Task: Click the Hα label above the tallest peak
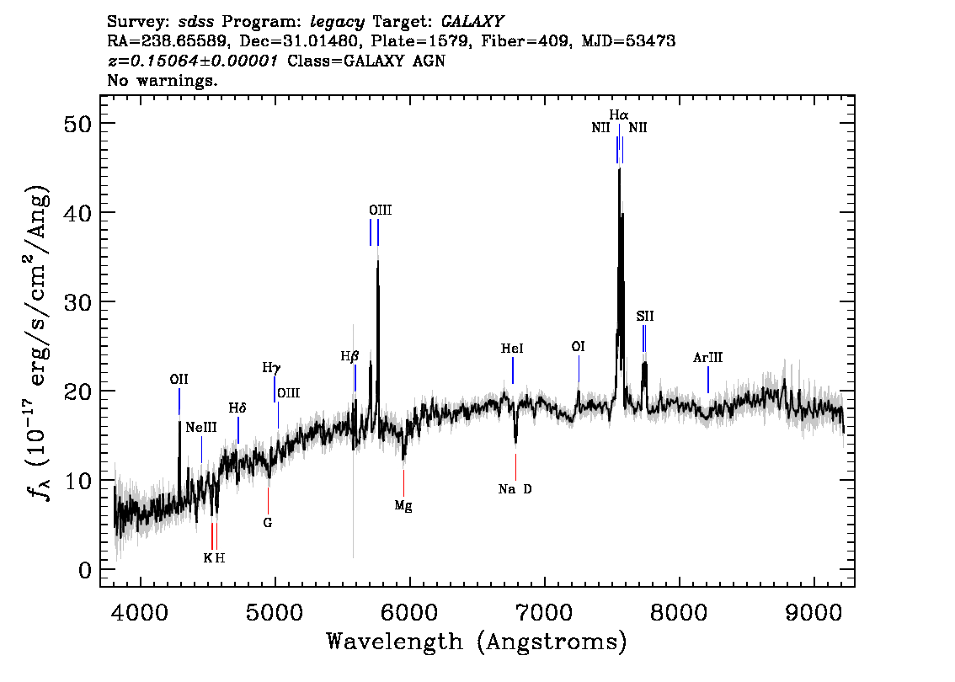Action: (619, 115)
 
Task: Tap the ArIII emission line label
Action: (707, 358)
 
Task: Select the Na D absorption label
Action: (515, 489)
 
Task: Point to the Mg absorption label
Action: (403, 505)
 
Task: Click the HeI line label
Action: (512, 349)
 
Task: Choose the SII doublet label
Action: (645, 316)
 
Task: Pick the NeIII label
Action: (201, 428)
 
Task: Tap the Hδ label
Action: (237, 408)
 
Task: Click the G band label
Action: (267, 523)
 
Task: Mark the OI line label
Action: (578, 347)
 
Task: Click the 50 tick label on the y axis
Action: (77, 124)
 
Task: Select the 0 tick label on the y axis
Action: (85, 570)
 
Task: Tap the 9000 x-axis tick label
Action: (814, 612)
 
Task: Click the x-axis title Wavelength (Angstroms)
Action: (477, 642)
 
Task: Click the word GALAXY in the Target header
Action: (472, 22)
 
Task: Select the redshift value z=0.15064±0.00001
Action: (193, 61)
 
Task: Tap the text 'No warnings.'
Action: (163, 80)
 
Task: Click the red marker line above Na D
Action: (516, 467)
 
